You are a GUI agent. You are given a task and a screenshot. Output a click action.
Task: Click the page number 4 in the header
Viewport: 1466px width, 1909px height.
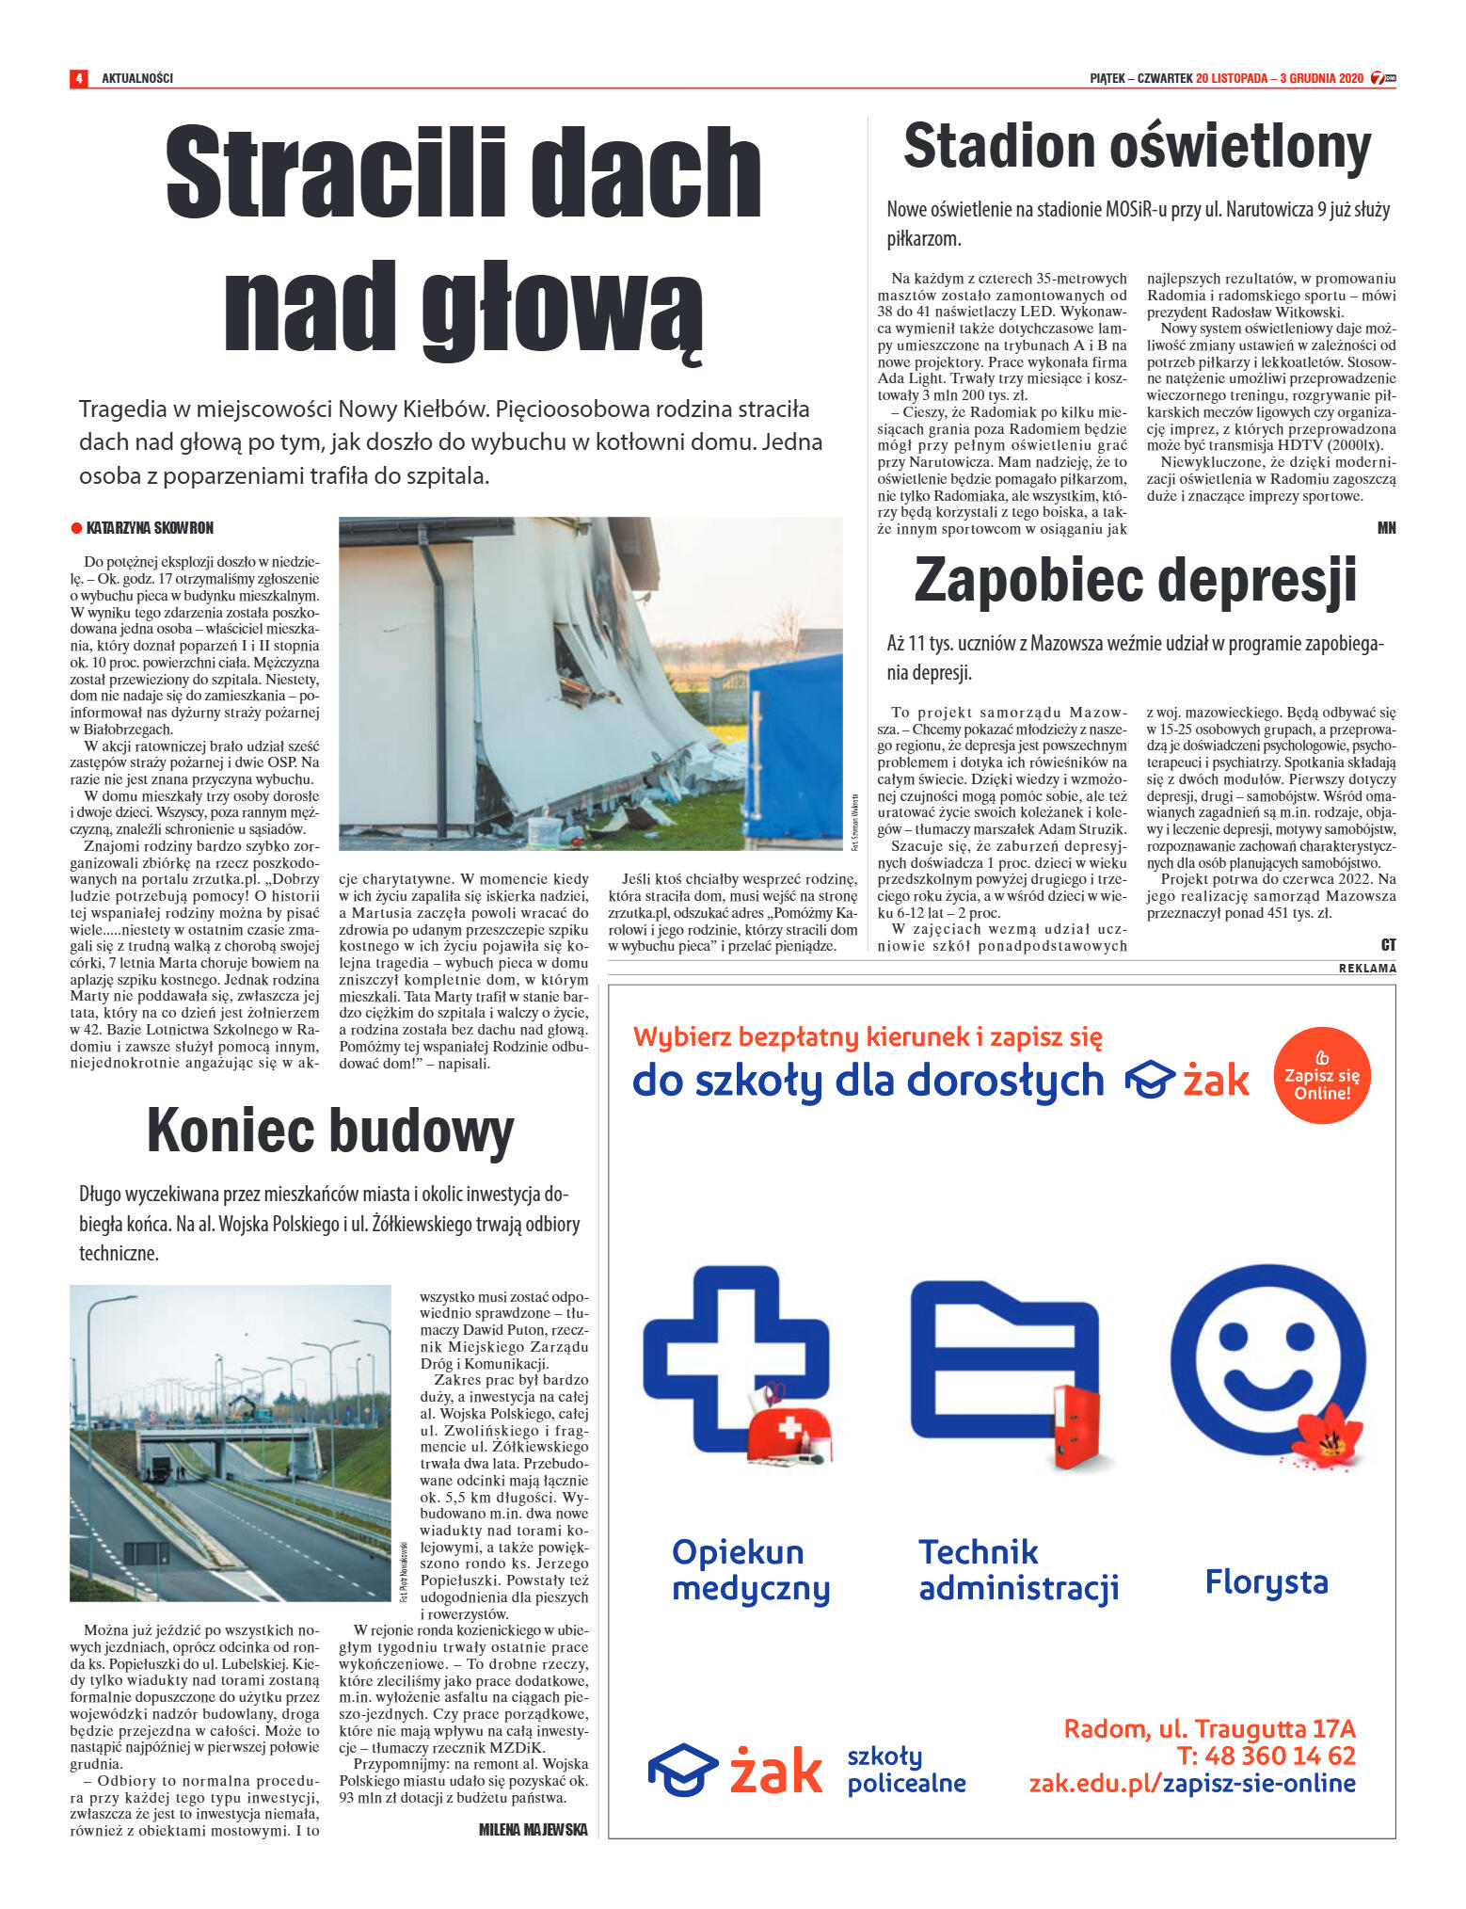tap(78, 78)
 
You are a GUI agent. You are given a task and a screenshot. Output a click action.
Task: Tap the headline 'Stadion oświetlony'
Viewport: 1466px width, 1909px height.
tap(1137, 148)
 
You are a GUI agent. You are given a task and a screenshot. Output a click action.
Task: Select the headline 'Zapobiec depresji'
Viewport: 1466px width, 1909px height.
tap(1135, 580)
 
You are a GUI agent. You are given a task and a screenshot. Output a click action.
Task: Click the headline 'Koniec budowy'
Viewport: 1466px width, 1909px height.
tap(330, 1131)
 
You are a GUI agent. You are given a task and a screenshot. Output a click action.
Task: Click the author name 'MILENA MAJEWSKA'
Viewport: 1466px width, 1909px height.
tap(533, 1830)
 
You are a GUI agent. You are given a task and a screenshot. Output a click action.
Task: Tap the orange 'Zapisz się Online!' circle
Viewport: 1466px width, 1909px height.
tap(1322, 1075)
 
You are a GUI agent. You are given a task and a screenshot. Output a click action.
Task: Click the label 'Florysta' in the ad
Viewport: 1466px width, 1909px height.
tap(1266, 1581)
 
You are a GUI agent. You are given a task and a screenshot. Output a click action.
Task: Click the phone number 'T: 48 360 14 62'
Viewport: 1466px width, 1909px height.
tap(1266, 1756)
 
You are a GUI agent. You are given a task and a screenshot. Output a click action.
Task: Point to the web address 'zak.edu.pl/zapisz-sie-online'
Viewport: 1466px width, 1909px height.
tap(1191, 1783)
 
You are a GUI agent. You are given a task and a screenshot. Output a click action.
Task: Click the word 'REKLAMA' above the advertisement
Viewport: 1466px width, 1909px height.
tap(1367, 969)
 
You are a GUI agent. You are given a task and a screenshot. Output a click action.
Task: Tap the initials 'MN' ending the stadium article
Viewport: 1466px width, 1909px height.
tap(1386, 528)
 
